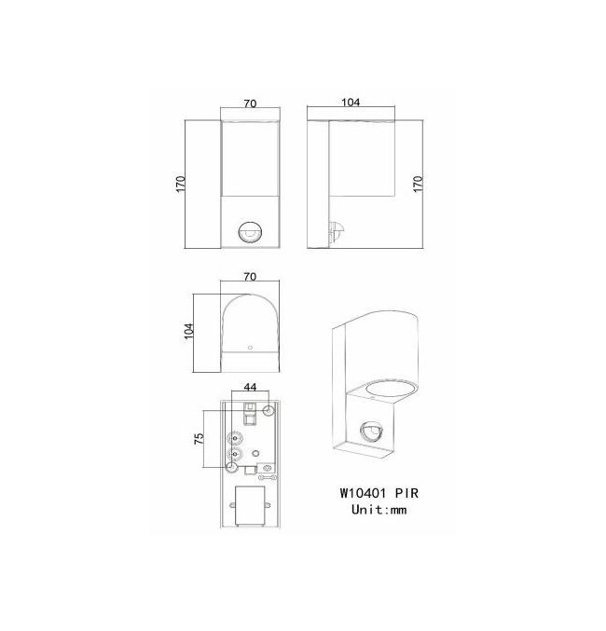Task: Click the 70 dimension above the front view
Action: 250,103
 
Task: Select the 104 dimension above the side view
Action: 351,103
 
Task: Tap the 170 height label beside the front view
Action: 181,184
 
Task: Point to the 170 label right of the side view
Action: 419,183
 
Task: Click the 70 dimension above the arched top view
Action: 250,277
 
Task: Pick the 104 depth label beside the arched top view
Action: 189,331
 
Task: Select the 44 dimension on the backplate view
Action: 250,387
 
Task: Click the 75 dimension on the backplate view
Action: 199,438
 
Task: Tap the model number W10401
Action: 363,493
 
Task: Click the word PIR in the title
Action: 406,493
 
